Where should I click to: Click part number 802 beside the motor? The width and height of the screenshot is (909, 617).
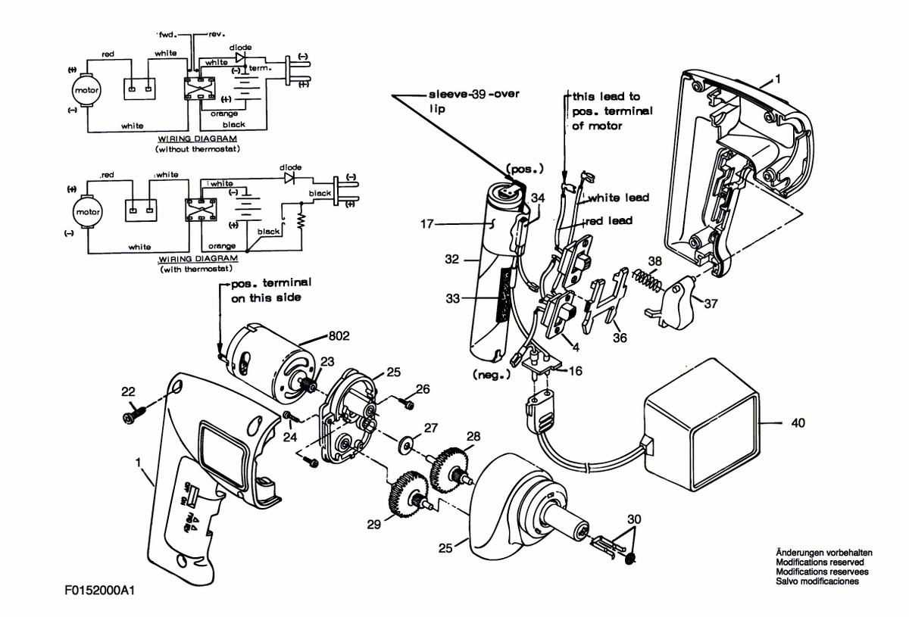click(339, 336)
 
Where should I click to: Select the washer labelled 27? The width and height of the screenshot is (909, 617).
click(405, 445)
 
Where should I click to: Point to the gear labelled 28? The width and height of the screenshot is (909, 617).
click(449, 469)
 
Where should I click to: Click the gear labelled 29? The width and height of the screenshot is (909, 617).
click(408, 494)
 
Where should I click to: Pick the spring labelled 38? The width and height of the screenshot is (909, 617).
click(648, 280)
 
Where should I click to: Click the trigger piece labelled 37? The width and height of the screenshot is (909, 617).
click(672, 301)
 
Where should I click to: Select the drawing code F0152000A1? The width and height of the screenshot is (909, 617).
click(99, 591)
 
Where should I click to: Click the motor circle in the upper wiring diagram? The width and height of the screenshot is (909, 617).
click(86, 90)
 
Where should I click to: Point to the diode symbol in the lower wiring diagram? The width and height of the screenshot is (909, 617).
click(289, 178)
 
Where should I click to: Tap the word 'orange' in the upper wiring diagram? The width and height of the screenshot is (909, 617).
click(224, 114)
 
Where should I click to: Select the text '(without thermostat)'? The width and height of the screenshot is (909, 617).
click(198, 149)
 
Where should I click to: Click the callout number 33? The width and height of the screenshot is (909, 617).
click(453, 298)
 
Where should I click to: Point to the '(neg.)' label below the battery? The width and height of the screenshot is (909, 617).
click(492, 375)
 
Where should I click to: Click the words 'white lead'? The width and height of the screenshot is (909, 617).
click(618, 198)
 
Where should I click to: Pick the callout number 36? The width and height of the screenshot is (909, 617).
click(620, 338)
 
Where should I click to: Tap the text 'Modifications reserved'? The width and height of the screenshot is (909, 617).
click(820, 562)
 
